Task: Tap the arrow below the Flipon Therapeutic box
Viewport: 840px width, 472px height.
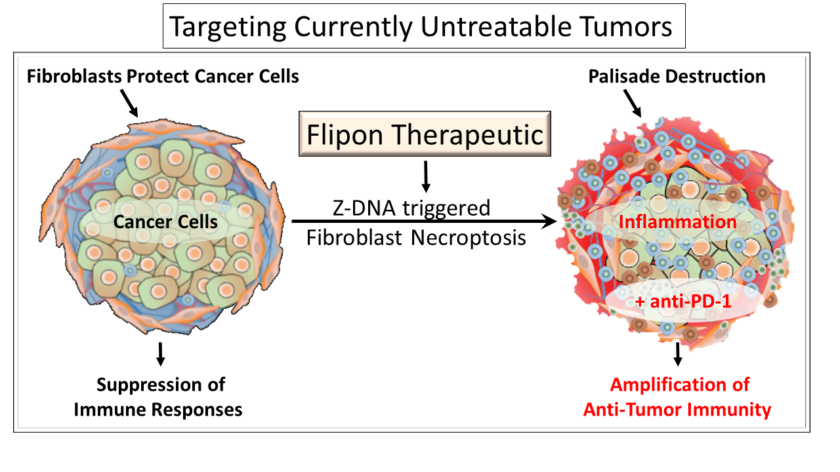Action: pyautogui.click(x=427, y=175)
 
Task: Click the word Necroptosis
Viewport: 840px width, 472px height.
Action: pyautogui.click(x=469, y=237)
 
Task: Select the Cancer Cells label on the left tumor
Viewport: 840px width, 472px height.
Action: pyautogui.click(x=165, y=222)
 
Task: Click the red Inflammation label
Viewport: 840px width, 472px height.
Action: pyautogui.click(x=678, y=222)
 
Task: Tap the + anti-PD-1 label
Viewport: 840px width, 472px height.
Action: pyautogui.click(x=682, y=302)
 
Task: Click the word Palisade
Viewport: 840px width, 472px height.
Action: pyautogui.click(x=624, y=77)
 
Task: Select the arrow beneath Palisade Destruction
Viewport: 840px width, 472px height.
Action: pyautogui.click(x=633, y=104)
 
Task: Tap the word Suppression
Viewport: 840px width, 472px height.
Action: pyautogui.click(x=161, y=383)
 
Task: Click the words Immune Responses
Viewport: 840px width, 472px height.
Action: pyautogui.click(x=158, y=410)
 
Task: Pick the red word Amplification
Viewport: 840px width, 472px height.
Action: pyautogui.click(x=678, y=383)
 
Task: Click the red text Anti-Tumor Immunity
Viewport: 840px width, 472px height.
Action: pyautogui.click(x=677, y=410)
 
